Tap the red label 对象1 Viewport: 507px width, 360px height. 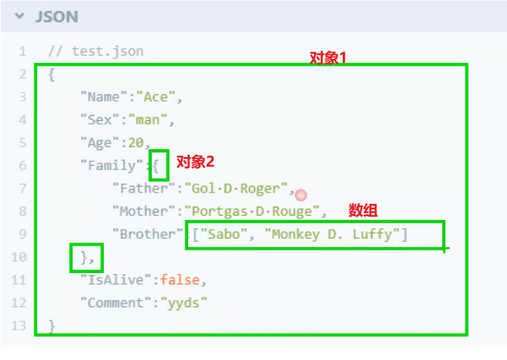click(328, 57)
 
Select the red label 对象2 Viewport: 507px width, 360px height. click(195, 162)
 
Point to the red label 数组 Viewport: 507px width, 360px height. click(363, 210)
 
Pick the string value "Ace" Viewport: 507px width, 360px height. click(156, 97)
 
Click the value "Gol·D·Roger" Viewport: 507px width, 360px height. click(236, 188)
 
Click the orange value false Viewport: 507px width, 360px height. click(180, 280)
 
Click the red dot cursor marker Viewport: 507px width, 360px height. click(301, 195)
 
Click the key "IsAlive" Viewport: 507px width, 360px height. click(116, 280)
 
